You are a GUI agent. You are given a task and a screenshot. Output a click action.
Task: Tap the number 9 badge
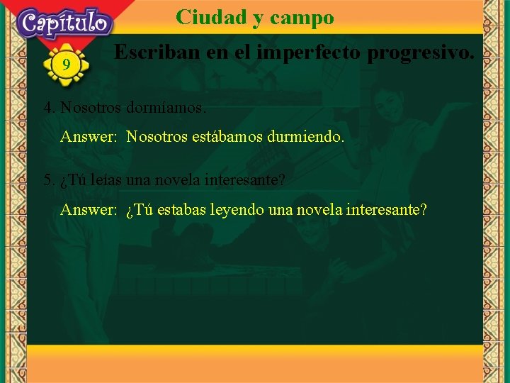66,65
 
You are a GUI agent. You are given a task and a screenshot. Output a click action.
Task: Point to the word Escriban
153,52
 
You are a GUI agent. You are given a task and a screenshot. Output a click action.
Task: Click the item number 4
48,109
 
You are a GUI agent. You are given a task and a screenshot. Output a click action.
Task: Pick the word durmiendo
306,136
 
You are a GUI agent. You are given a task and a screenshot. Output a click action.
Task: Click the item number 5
48,180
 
